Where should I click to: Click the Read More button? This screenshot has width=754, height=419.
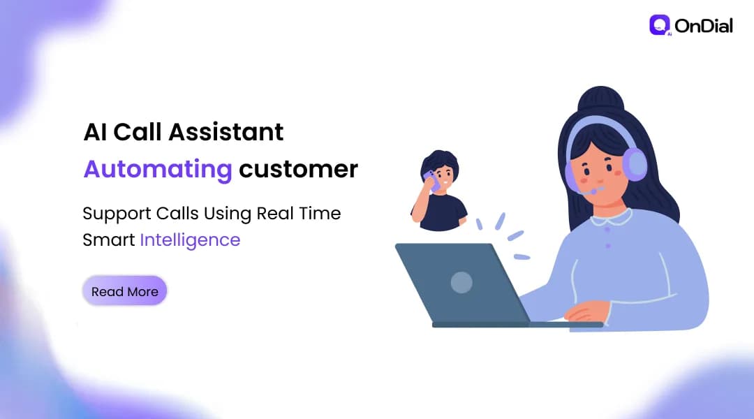point(125,291)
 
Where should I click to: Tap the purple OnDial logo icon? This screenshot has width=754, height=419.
point(659,26)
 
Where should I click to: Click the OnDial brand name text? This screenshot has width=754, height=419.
point(704,27)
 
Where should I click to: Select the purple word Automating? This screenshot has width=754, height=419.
point(157,169)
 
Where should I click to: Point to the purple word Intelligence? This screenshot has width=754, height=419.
point(190,240)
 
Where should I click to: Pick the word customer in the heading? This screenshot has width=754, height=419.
point(298,169)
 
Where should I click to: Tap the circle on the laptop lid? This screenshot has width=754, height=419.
point(461,281)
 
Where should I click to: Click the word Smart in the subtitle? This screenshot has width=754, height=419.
point(108,240)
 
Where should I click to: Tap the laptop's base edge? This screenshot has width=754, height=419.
point(517,325)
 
